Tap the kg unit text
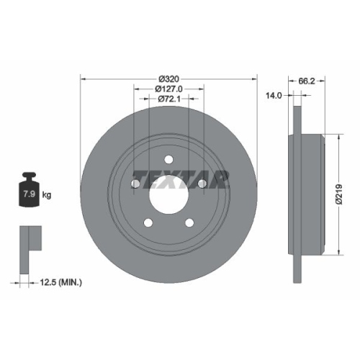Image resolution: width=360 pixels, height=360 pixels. click(x=46, y=194)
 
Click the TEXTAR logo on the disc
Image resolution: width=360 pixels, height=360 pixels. click(x=180, y=177)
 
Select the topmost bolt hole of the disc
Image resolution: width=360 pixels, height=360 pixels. click(x=168, y=160)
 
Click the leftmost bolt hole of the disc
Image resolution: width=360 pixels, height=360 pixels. click(x=135, y=185)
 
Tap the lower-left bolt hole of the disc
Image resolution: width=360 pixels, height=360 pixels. click(x=148, y=223)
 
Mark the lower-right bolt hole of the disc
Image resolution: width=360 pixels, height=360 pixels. click(x=189, y=223)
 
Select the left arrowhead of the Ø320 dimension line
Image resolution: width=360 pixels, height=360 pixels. click(x=82, y=78)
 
